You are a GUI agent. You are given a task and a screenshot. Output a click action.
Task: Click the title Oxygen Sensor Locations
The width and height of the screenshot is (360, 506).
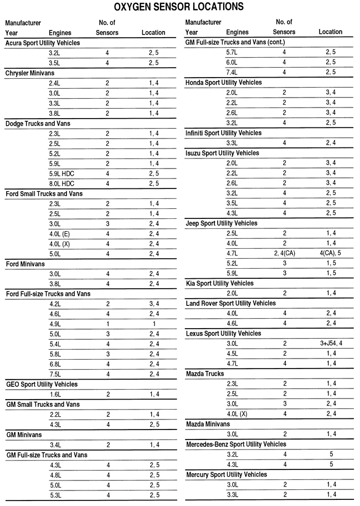[179, 7]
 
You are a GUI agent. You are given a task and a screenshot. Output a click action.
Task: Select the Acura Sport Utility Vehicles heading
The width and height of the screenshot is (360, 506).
[43, 43]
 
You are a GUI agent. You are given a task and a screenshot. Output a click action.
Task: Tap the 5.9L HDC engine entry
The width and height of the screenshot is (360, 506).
[62, 173]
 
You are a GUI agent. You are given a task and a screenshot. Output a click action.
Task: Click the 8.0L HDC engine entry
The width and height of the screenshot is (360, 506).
[62, 183]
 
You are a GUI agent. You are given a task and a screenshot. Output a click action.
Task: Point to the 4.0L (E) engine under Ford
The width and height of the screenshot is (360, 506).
[59, 234]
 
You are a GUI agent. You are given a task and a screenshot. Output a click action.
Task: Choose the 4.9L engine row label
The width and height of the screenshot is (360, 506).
[56, 324]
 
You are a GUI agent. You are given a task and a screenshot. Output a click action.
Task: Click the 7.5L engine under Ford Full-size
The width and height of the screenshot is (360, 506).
[56, 374]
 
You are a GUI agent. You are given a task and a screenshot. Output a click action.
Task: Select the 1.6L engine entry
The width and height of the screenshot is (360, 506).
[56, 395]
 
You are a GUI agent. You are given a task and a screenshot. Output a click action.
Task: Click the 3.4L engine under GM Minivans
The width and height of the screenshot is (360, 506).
[56, 445]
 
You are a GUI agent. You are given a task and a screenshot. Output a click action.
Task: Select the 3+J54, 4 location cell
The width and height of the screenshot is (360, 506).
[331, 344]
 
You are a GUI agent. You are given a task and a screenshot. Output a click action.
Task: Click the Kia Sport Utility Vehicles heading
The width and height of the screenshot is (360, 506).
[219, 283]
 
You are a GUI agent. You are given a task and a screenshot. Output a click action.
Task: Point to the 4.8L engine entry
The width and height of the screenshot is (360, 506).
[56, 475]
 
